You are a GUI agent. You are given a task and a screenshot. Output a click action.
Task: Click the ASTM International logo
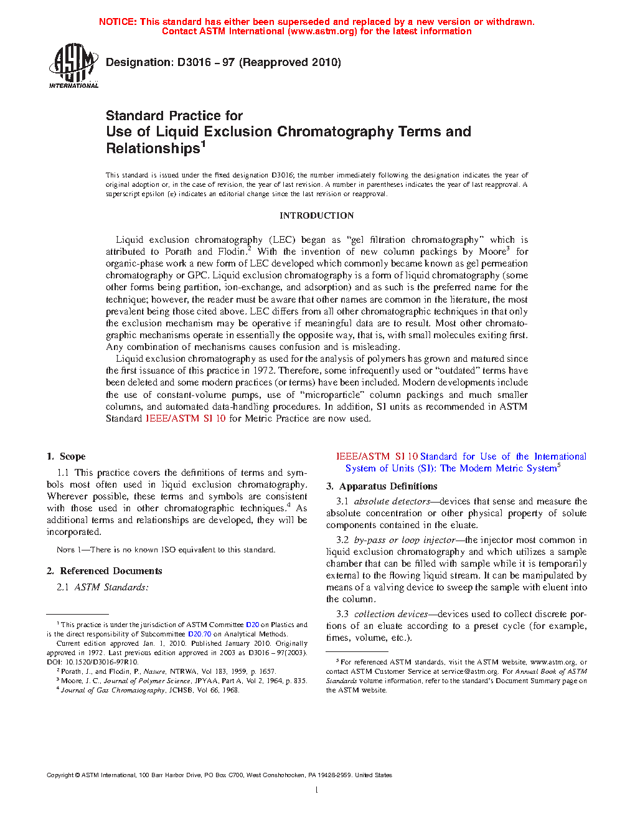[73, 65]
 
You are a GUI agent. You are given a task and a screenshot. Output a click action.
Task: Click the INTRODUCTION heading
[316, 215]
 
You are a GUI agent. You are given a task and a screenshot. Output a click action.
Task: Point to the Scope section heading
[72, 456]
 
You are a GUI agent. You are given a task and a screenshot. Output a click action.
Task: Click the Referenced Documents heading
[111, 571]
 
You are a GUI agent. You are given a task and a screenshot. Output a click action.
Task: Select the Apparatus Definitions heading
[388, 486]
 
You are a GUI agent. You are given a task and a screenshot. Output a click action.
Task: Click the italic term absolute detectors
[392, 501]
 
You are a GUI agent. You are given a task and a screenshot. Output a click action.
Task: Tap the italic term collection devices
[391, 614]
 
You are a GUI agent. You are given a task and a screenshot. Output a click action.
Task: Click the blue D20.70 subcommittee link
[199, 634]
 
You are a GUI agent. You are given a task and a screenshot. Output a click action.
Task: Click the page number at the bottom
[316, 790]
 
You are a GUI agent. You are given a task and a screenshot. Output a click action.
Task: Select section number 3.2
[342, 540]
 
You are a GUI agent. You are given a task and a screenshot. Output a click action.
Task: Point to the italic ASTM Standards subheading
[111, 587]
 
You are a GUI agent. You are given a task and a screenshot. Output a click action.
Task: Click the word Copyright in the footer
[60, 775]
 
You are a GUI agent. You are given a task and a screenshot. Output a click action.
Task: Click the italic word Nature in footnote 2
[154, 671]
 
